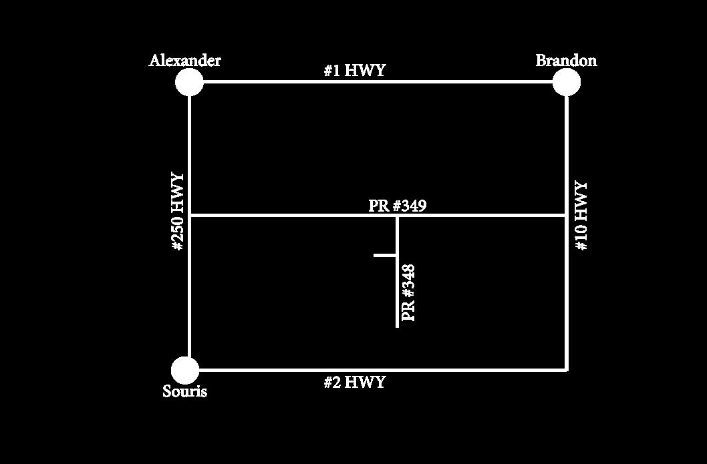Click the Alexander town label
click(184, 61)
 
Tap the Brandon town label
click(566, 61)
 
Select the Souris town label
click(184, 392)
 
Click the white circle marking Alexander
click(189, 82)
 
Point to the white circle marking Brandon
click(567, 82)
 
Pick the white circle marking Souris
click(185, 371)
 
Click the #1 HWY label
click(354, 70)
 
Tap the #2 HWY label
click(354, 383)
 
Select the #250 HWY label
click(178, 212)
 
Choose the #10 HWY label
click(581, 216)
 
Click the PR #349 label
click(397, 206)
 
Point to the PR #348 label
click(409, 292)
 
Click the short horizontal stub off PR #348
click(386, 255)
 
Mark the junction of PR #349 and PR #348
click(397, 216)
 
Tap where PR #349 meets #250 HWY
click(190, 216)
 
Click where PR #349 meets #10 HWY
click(567, 216)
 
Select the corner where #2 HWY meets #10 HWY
click(567, 369)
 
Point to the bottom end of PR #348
click(397, 326)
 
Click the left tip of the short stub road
click(375, 255)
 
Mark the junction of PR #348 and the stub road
click(397, 255)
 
